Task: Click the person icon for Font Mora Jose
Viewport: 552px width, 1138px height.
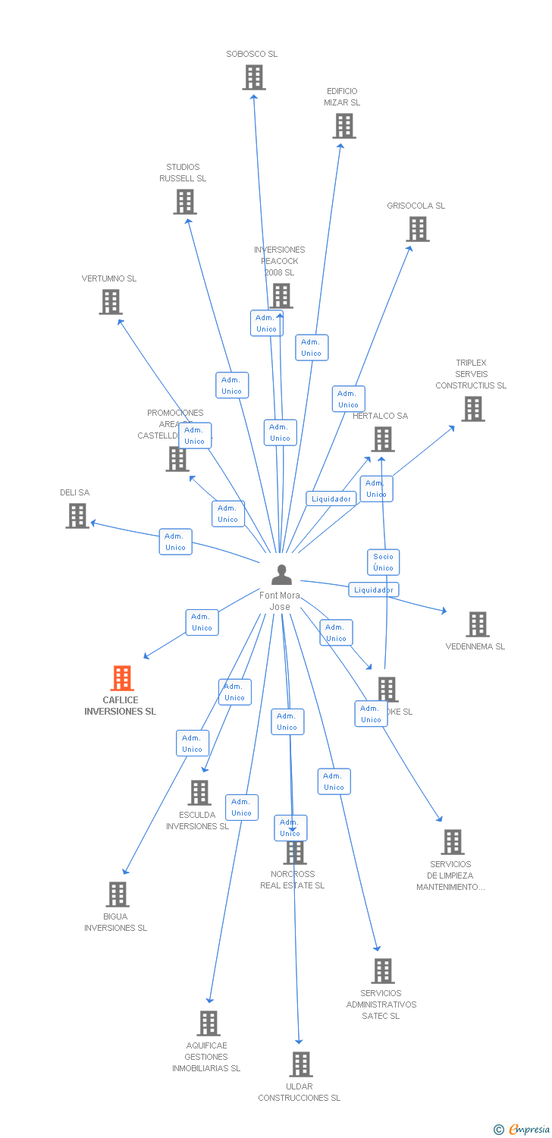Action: click(281, 575)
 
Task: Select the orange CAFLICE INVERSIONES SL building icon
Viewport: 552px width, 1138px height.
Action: click(122, 678)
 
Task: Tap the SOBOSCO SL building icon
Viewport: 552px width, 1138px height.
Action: click(254, 77)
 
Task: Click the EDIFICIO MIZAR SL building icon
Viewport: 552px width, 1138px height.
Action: click(344, 126)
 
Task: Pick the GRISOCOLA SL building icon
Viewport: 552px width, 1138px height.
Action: click(418, 229)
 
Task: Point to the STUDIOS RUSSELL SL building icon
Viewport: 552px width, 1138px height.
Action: click(185, 202)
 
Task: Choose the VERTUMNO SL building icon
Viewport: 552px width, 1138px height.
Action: click(111, 302)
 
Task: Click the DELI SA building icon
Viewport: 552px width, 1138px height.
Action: click(77, 516)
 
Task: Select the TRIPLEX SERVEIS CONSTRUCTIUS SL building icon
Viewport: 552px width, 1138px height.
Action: click(473, 409)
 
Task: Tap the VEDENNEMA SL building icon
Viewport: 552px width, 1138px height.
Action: click(478, 624)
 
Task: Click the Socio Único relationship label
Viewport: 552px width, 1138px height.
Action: click(383, 562)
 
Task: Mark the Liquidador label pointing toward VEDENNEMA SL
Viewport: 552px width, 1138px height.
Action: click(374, 589)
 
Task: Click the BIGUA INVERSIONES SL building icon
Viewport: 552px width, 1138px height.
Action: click(118, 894)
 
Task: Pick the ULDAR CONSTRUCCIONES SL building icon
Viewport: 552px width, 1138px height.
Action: click(301, 1064)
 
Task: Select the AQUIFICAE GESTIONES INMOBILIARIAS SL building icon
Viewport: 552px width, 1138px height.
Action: click(209, 1023)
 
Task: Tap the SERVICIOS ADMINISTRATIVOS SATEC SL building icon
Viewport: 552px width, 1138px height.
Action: click(383, 971)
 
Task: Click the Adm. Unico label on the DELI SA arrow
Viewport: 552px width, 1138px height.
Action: click(175, 542)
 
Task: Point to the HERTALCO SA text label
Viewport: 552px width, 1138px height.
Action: click(380, 416)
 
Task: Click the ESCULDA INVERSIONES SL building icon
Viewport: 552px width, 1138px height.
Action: click(199, 793)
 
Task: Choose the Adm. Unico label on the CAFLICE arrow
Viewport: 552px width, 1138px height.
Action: click(202, 622)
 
